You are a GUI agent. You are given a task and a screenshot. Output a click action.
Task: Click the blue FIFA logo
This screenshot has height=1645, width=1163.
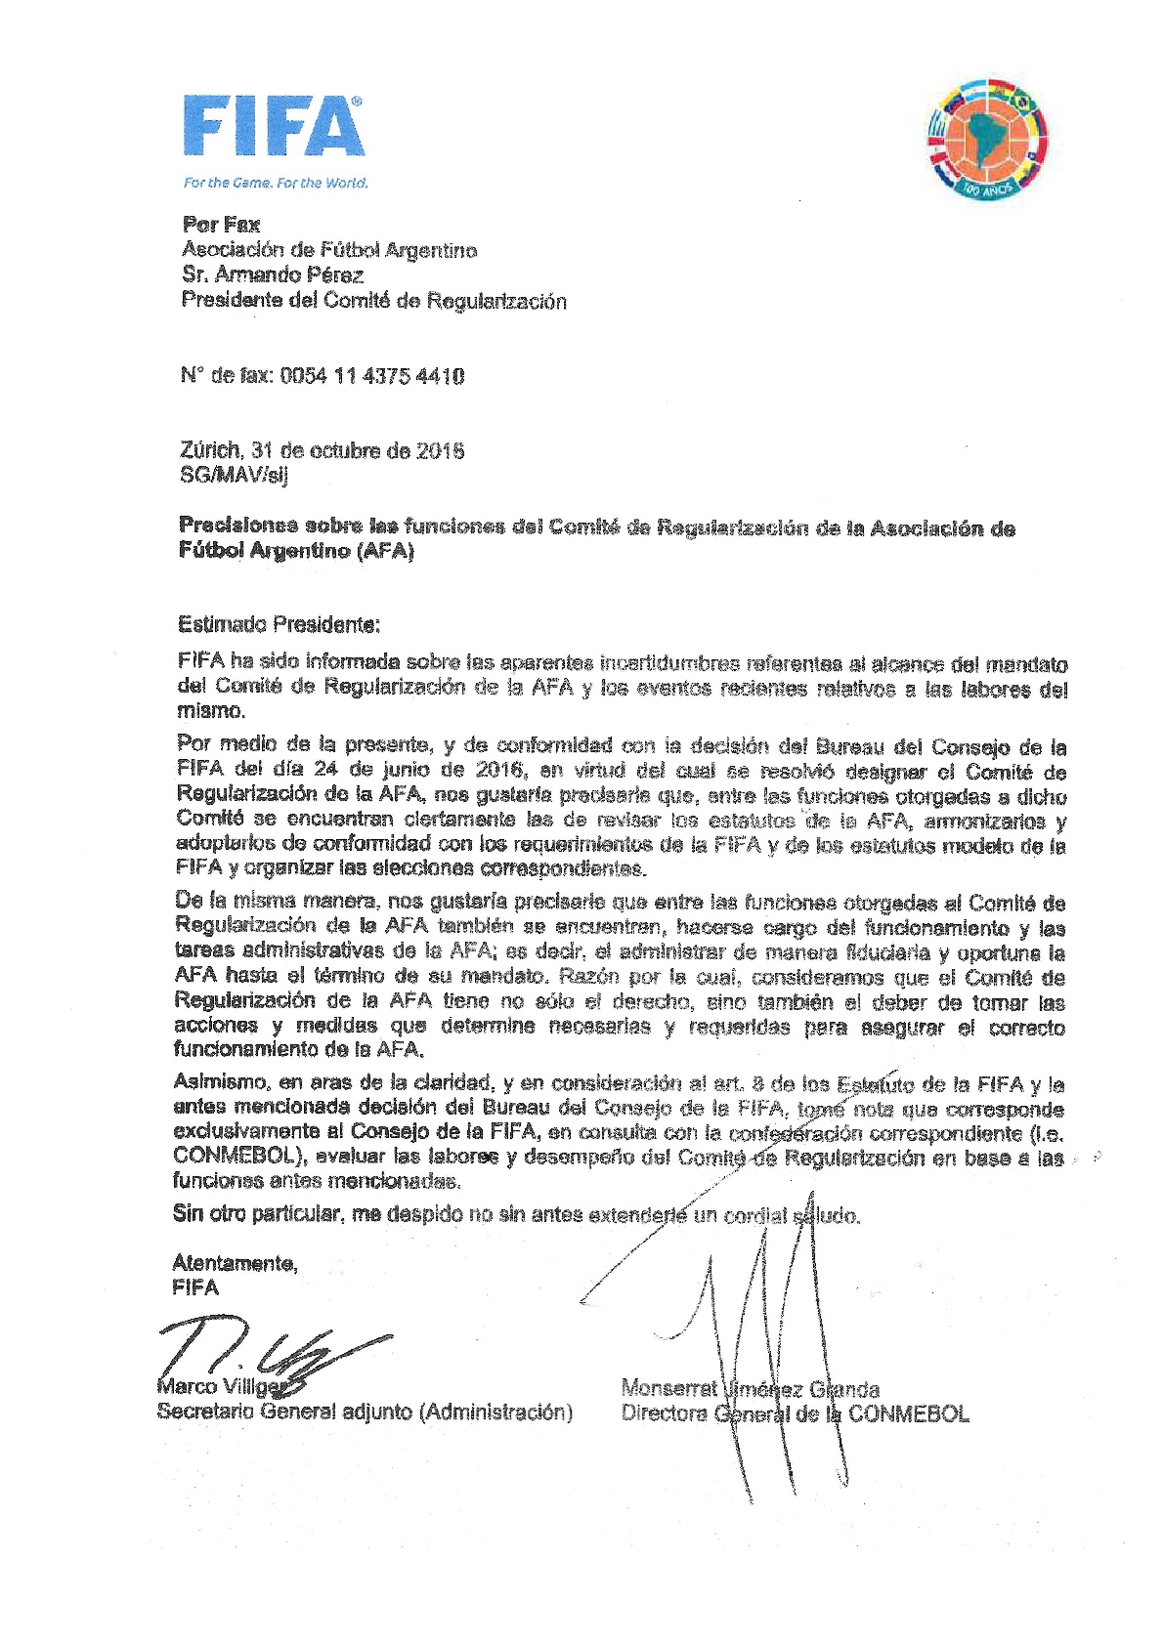[274, 126]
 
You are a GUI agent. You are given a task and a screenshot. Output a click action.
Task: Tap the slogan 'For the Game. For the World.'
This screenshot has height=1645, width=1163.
[276, 183]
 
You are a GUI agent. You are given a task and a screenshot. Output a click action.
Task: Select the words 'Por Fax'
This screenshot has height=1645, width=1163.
[221, 225]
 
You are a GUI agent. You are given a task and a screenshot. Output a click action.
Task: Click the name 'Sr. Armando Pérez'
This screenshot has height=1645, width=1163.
[273, 275]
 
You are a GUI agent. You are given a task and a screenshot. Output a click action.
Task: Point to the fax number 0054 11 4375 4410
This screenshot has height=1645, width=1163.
[371, 376]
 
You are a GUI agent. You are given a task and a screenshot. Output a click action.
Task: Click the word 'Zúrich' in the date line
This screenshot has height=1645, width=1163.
[210, 450]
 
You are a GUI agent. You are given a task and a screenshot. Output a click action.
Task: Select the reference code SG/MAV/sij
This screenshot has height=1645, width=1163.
[234, 476]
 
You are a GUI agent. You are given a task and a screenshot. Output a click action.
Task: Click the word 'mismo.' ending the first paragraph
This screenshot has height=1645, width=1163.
[211, 711]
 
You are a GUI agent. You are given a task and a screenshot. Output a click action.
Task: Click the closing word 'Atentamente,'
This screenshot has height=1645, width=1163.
[235, 1263]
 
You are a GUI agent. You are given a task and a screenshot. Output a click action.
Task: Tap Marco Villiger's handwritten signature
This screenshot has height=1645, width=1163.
[274, 1353]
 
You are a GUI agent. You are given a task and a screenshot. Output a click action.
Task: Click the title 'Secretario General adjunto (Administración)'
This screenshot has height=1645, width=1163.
[365, 1412]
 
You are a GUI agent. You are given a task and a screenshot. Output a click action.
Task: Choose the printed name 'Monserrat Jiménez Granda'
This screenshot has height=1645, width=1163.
[750, 1388]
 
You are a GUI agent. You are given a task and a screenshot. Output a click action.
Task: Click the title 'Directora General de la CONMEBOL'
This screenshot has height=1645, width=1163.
[795, 1413]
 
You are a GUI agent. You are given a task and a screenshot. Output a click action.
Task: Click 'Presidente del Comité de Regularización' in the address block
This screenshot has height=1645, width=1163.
[373, 301]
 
